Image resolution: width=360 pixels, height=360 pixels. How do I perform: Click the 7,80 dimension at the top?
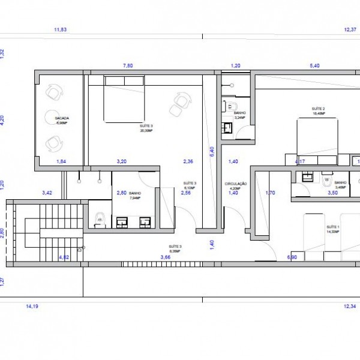[128, 65]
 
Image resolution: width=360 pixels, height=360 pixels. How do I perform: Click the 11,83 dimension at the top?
[60, 29]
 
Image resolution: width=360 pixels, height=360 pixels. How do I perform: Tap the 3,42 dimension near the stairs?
[47, 193]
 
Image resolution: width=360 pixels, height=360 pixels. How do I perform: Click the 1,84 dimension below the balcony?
[61, 161]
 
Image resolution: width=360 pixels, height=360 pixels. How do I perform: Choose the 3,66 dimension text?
[166, 257]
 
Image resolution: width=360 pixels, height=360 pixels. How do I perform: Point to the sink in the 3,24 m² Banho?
[227, 128]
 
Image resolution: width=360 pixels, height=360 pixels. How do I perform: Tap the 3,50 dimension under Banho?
[332, 193]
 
